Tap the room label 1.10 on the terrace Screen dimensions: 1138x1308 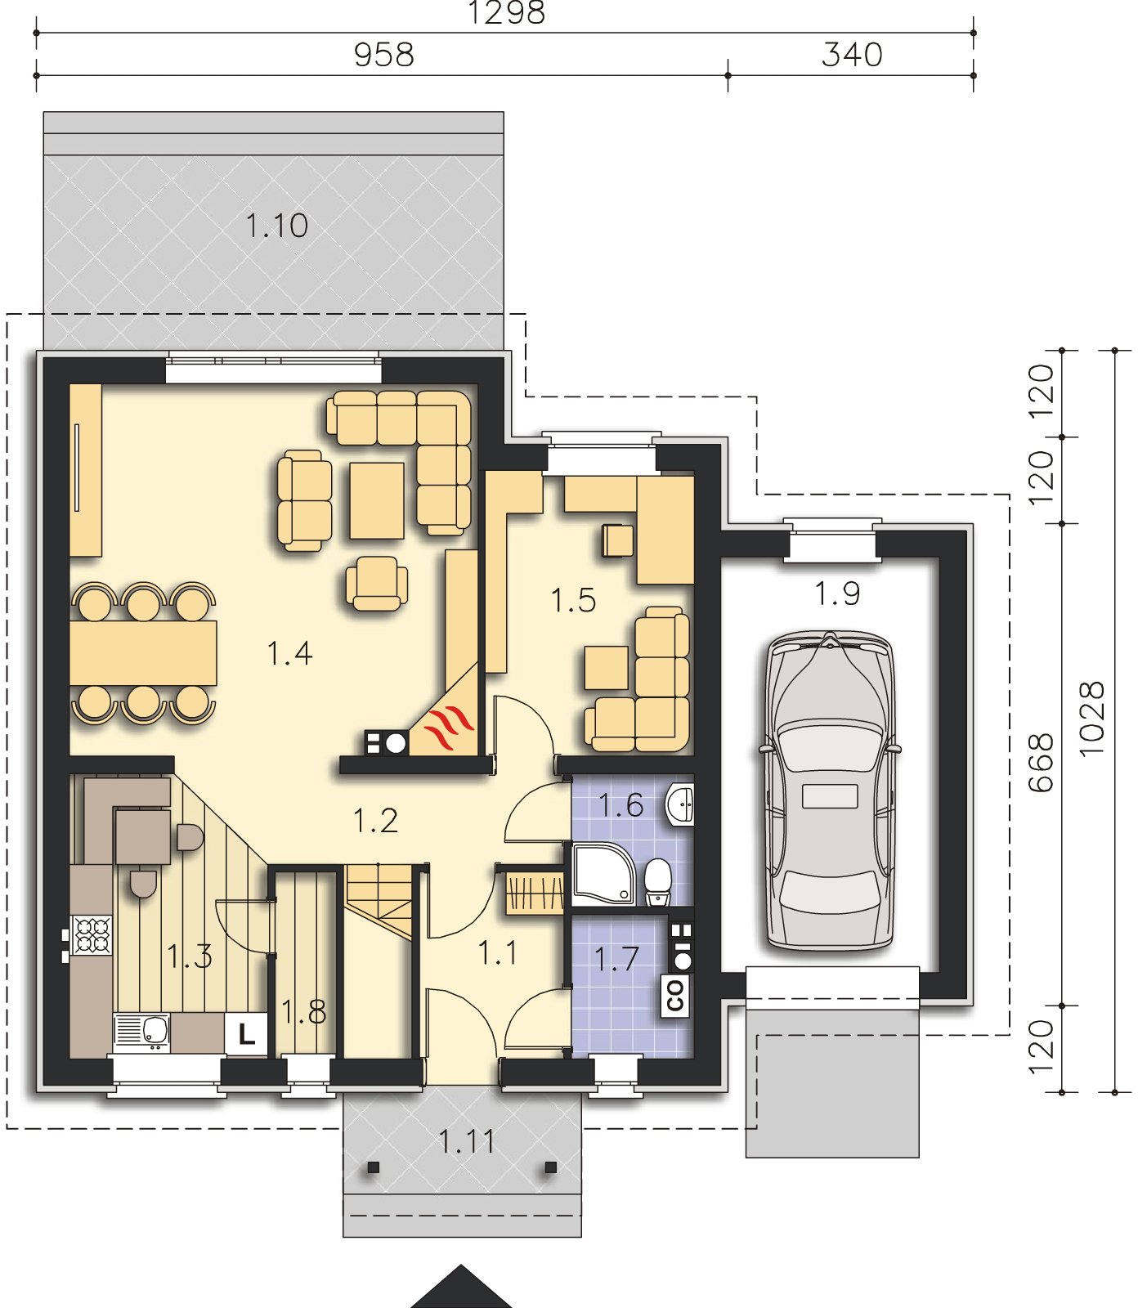tap(277, 225)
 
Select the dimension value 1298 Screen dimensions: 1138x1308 tap(507, 13)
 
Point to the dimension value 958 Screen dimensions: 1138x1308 tap(384, 55)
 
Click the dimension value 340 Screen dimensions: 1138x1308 tap(853, 55)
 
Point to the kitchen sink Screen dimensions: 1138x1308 tap(141, 1033)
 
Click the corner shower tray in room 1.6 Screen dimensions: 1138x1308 tap(604, 876)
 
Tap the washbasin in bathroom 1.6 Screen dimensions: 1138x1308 tap(681, 804)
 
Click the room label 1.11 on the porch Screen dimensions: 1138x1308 tap(467, 1141)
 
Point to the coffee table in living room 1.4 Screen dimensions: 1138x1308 tap(377, 500)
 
